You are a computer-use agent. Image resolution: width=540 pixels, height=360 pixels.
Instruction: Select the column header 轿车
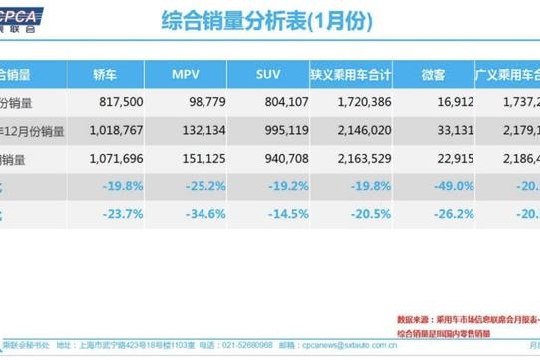point(104,74)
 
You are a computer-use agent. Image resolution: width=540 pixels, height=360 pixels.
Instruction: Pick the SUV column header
point(269,74)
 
